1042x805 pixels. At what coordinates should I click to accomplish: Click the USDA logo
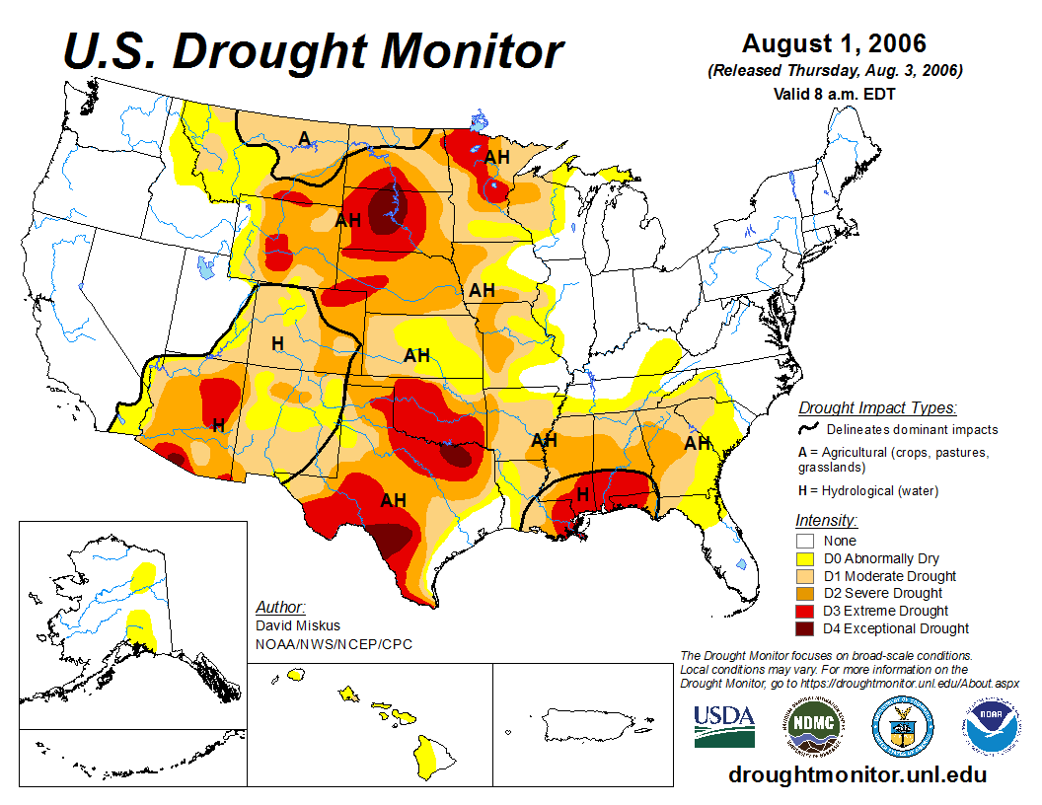pyautogui.click(x=724, y=726)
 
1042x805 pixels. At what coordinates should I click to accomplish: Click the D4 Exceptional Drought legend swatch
pyautogui.click(x=806, y=628)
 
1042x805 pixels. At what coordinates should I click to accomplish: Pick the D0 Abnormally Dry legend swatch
pyautogui.click(x=806, y=558)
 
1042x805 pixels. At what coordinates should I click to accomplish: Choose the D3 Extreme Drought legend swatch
pyautogui.click(x=806, y=611)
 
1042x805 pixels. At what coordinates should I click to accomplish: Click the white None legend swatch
pyautogui.click(x=806, y=541)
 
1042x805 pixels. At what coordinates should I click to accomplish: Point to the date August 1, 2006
pyautogui.click(x=834, y=44)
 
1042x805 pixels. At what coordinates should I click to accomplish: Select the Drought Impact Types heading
pyautogui.click(x=877, y=407)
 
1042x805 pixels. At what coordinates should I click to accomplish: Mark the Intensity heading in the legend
pyautogui.click(x=826, y=520)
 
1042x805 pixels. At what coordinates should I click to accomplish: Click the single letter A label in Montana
pyautogui.click(x=305, y=136)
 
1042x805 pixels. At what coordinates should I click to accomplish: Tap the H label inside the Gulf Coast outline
pyautogui.click(x=583, y=493)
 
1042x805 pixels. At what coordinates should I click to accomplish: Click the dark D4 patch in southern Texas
pyautogui.click(x=392, y=538)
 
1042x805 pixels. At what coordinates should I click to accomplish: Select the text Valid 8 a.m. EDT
pyautogui.click(x=835, y=95)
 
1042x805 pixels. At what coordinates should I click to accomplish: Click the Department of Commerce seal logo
pyautogui.click(x=902, y=726)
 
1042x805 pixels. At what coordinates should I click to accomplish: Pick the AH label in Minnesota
pyautogui.click(x=496, y=156)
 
